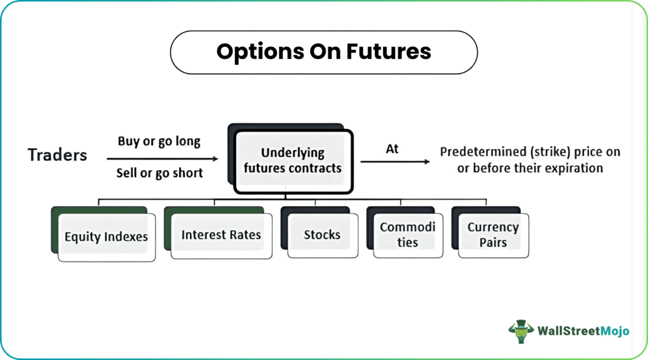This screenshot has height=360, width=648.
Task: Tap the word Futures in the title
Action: pos(389,51)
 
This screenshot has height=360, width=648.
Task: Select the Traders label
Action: pos(58,155)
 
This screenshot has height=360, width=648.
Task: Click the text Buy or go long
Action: pos(159,141)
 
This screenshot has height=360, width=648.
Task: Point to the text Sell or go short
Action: pos(159,173)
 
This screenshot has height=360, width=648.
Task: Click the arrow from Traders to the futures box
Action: pos(163,159)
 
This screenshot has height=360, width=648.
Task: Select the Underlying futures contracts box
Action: pos(294,161)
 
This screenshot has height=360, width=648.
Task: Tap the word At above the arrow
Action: pos(392,149)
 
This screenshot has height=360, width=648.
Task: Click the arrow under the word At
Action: pos(395,161)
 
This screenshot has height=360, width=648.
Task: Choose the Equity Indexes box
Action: pos(106,237)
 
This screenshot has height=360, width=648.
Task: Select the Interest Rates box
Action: pos(221,235)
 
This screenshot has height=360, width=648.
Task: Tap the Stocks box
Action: pos(323,235)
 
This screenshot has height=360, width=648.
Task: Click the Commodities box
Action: pos(408,235)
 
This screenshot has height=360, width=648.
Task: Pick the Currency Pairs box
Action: pos(494,235)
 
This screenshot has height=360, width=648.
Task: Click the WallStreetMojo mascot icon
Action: pos(521,331)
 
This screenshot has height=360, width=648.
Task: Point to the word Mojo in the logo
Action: pos(614,331)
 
